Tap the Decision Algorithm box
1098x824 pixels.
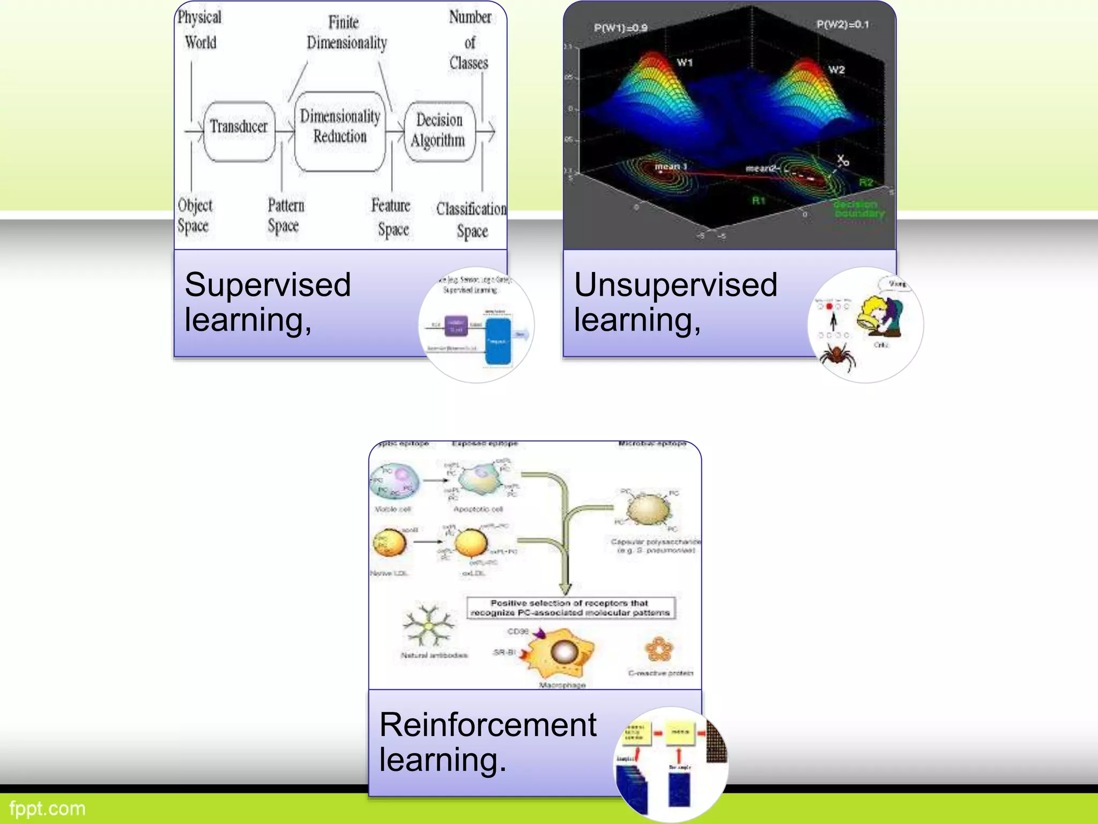tap(439, 130)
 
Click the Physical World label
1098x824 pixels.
tap(199, 30)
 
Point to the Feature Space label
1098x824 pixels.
tap(391, 217)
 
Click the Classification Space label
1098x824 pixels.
tap(471, 220)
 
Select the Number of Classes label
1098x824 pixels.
tap(469, 41)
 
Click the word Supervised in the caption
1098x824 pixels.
tap(268, 285)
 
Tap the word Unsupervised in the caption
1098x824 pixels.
tap(676, 285)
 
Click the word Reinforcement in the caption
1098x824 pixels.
tap(487, 725)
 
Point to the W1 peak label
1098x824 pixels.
tap(685, 63)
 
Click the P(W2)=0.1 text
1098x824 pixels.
tap(842, 25)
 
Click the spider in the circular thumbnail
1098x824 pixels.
tap(837, 356)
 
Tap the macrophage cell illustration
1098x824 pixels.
tap(560, 655)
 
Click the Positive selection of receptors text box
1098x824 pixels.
tap(570, 608)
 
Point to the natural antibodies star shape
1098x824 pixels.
tap(428, 626)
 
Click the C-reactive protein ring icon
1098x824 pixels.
tap(658, 650)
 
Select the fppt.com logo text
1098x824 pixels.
tap(47, 808)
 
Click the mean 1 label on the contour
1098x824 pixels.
tap(670, 167)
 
